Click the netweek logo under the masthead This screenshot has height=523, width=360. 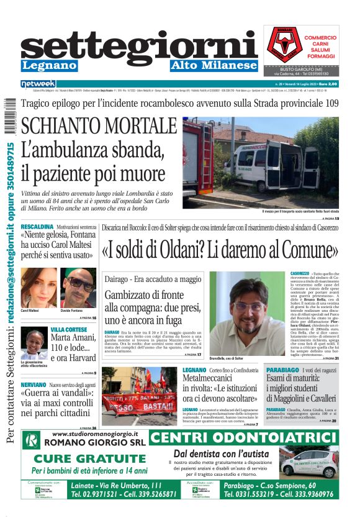click(38, 84)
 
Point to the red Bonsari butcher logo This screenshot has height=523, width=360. click(282, 43)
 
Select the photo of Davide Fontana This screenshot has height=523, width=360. click(79, 286)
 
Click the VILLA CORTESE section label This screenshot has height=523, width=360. click(69, 329)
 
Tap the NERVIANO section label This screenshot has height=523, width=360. click(34, 385)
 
